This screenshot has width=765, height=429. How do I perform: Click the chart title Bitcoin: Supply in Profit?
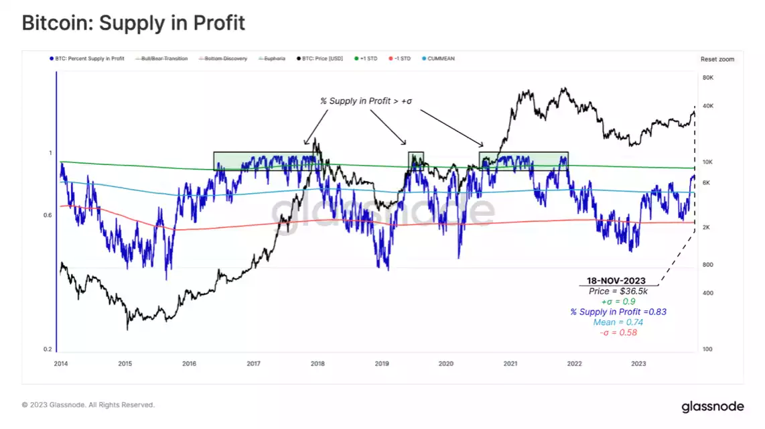tap(133, 23)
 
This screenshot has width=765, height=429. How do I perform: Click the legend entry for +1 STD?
tap(368, 59)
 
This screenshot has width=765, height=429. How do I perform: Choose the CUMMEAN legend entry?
tap(439, 59)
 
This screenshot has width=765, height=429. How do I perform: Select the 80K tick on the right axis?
tap(707, 78)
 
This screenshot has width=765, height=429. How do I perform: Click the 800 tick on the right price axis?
tap(707, 265)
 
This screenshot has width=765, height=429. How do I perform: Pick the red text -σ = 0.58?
tap(618, 333)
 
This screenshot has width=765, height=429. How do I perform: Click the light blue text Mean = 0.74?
tap(618, 322)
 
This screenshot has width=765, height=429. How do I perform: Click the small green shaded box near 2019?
tap(416, 161)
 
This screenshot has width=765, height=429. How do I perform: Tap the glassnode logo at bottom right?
tap(712, 406)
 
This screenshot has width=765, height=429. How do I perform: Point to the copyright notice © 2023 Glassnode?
tap(88, 405)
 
